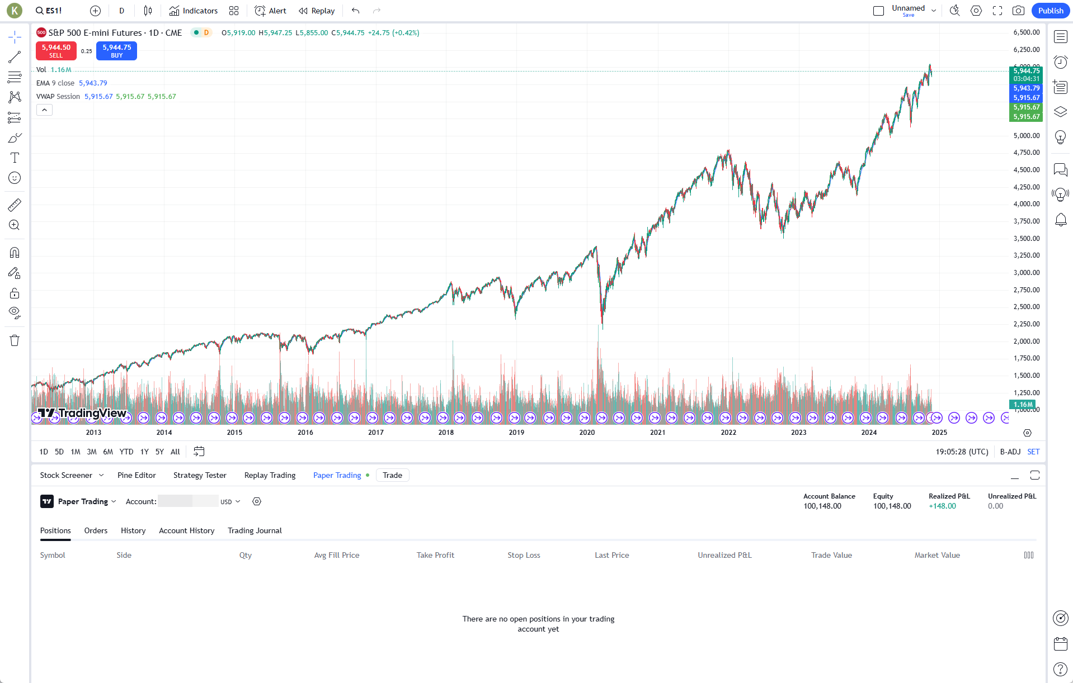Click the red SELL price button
[56, 51]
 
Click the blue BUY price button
[116, 51]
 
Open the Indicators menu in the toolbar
[194, 11]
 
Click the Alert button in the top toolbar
[271, 11]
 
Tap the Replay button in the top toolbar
[317, 11]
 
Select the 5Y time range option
[159, 452]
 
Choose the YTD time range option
[126, 452]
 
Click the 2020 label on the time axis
[587, 432]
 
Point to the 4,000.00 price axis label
[1026, 204]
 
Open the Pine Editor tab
[137, 475]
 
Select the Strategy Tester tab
[200, 475]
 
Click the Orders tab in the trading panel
[96, 530]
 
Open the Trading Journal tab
[255, 530]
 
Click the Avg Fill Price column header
[337, 555]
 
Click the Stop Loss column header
[524, 555]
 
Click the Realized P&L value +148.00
[942, 506]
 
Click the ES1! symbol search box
[49, 11]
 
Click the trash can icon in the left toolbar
[15, 340]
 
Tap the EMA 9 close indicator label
[55, 83]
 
